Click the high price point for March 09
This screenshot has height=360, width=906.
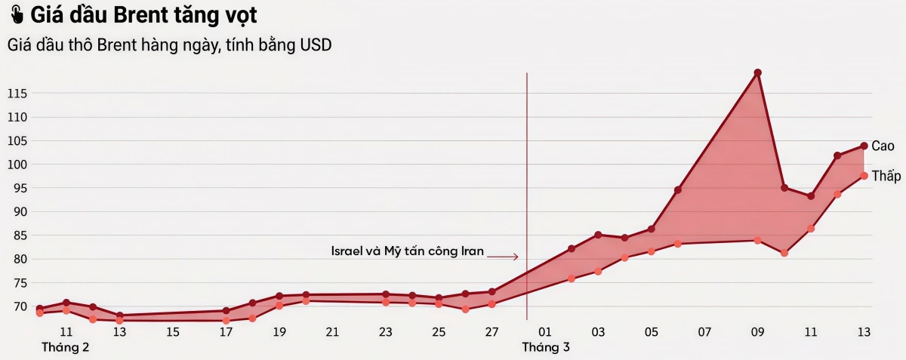pyautogui.click(x=757, y=72)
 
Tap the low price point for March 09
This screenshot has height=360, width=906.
pyautogui.click(x=757, y=240)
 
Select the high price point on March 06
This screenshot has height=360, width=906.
pyautogui.click(x=678, y=190)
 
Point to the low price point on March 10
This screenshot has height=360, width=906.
pyautogui.click(x=784, y=253)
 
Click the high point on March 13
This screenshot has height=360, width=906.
pyautogui.click(x=864, y=146)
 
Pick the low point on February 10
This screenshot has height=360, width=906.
pyautogui.click(x=39, y=312)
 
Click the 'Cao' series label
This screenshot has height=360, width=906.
pyautogui.click(x=883, y=146)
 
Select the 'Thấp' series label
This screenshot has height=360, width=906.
pyautogui.click(x=886, y=176)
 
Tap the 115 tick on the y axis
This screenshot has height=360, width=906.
pyautogui.click(x=17, y=94)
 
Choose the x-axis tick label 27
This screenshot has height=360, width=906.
pyautogui.click(x=492, y=332)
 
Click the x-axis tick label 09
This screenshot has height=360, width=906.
pyautogui.click(x=757, y=332)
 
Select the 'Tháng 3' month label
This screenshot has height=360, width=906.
pyautogui.click(x=545, y=348)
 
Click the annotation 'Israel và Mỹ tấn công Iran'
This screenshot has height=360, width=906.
pyautogui.click(x=407, y=251)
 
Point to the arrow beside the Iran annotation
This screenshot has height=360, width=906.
pyautogui.click(x=503, y=257)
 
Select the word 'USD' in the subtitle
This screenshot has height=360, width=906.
pyautogui.click(x=316, y=45)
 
